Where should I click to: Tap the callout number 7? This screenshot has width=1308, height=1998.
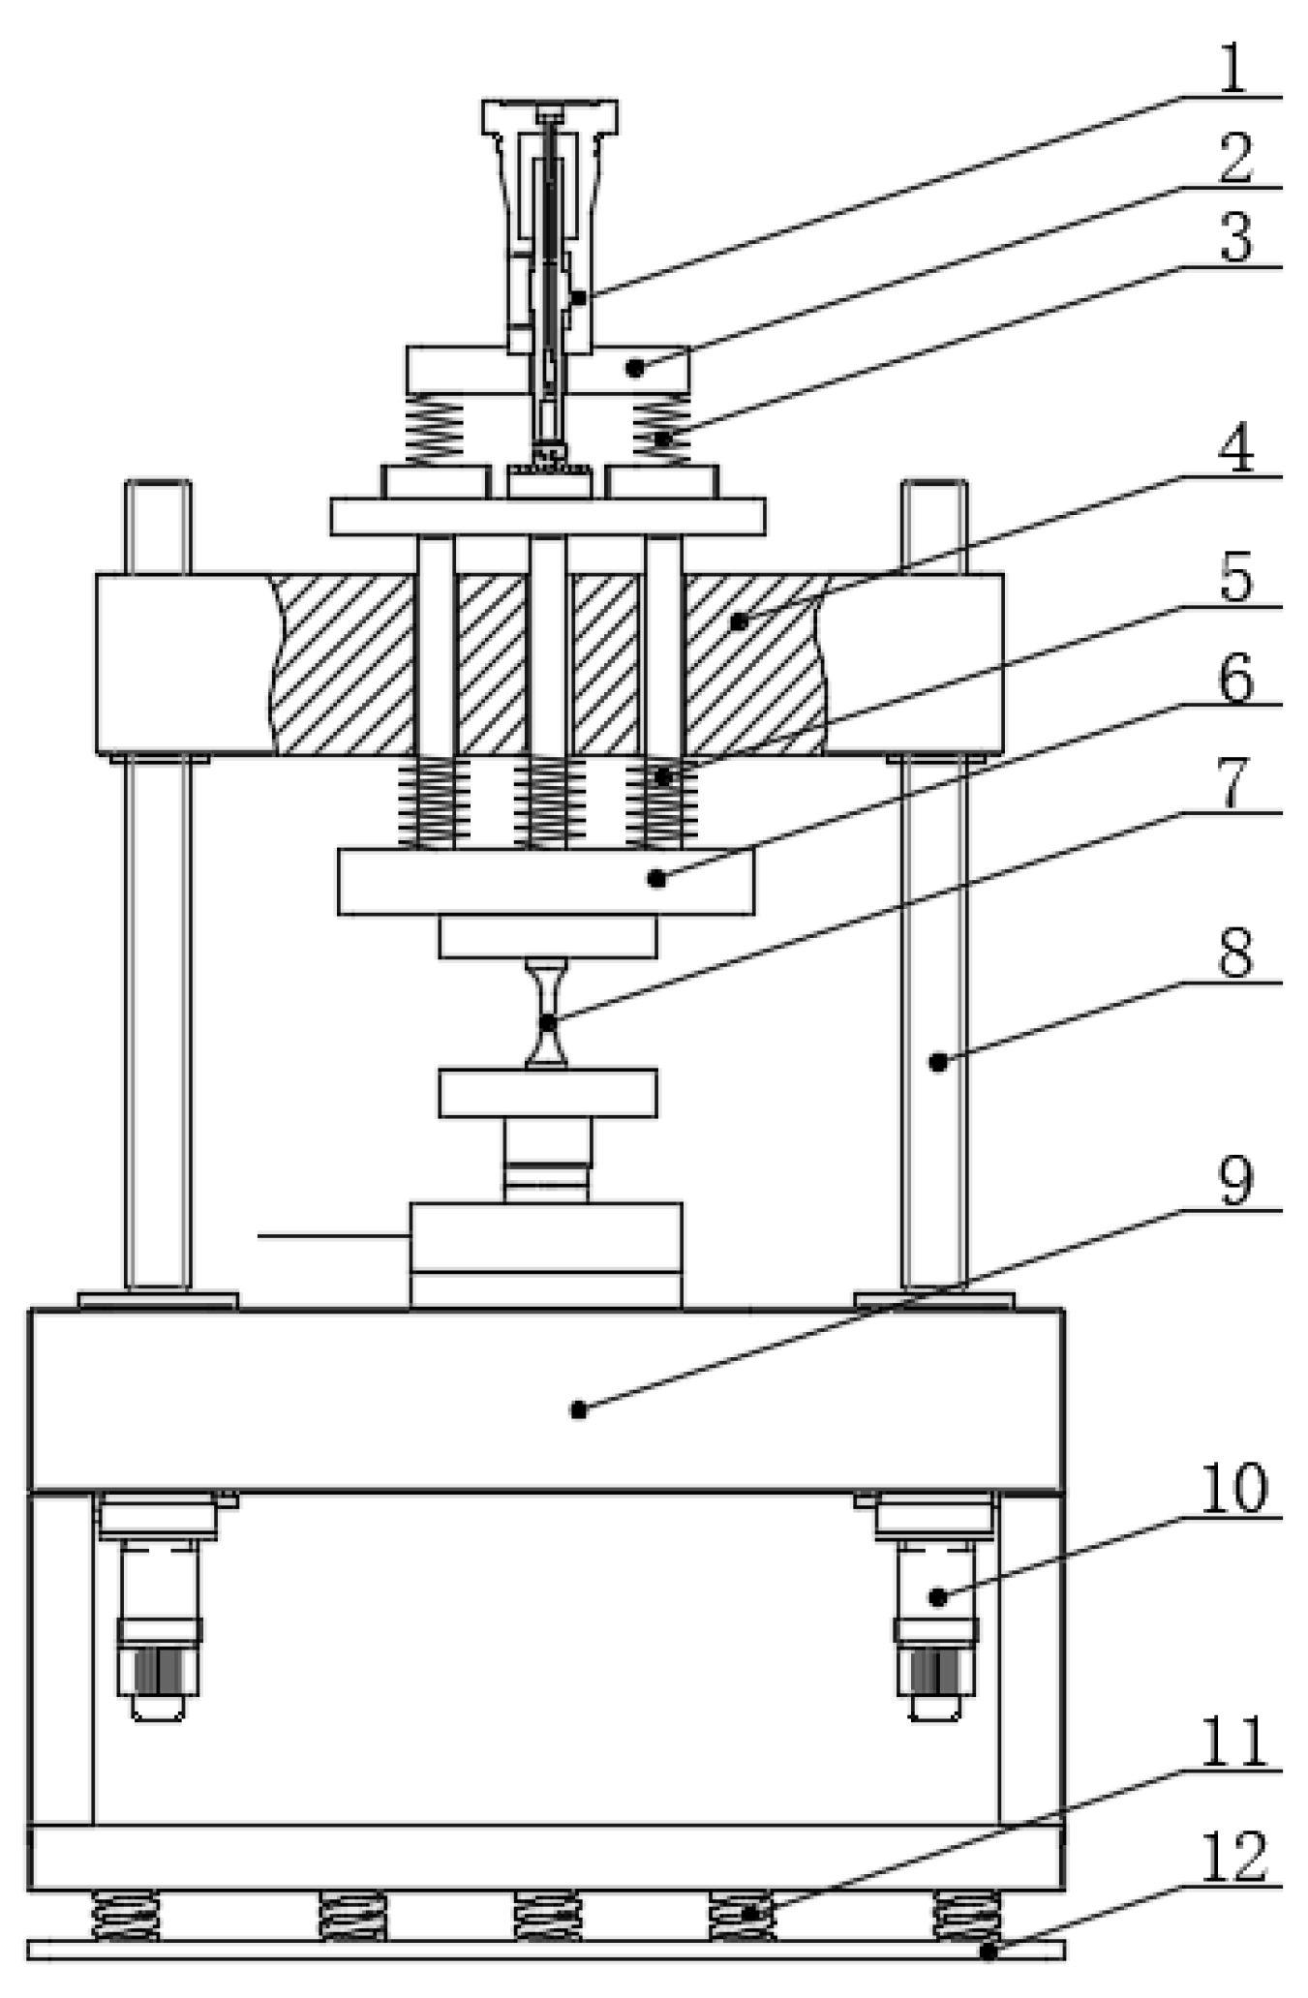1233,782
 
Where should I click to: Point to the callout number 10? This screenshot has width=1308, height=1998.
1233,1487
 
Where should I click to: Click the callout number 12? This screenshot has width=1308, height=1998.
1233,1857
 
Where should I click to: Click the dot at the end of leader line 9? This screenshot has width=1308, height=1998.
578,1409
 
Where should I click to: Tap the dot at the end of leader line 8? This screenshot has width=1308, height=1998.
937,1062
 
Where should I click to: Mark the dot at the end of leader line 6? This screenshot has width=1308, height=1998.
656,878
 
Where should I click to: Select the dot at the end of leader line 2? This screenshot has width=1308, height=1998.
635,368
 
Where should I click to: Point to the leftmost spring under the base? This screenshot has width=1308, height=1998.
126,1916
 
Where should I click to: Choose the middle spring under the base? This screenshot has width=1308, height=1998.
547,1916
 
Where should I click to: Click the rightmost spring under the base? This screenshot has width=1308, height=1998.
966,1916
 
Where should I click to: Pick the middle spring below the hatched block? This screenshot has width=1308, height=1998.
547,802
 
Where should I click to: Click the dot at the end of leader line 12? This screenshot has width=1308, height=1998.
988,1952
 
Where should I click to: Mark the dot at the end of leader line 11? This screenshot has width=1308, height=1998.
749,1913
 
